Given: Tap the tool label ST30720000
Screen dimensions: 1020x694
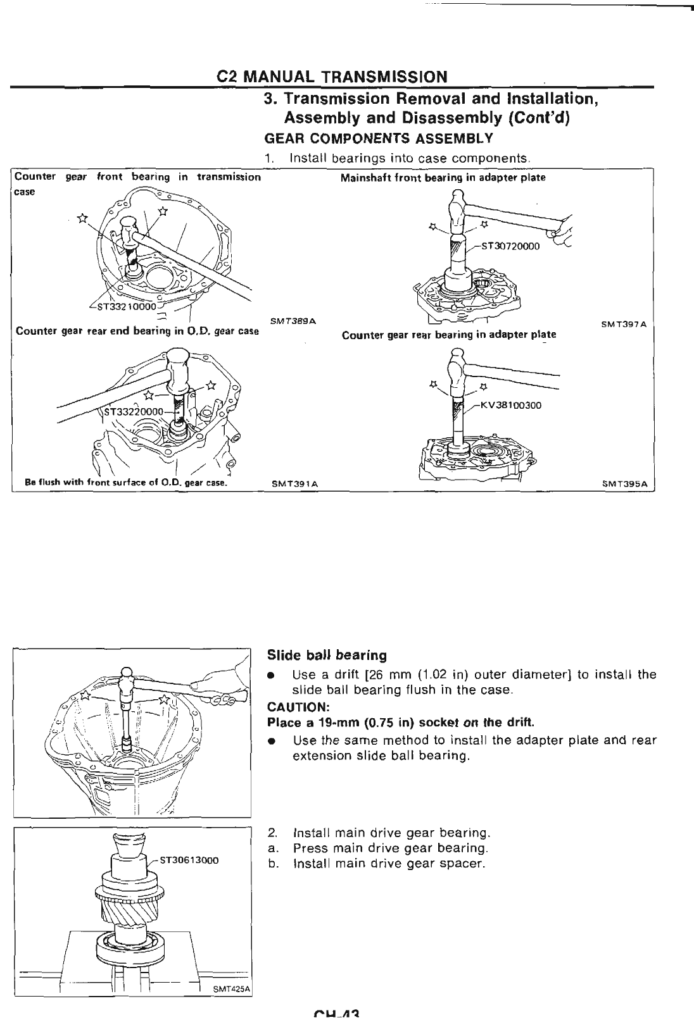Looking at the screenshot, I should [510, 247].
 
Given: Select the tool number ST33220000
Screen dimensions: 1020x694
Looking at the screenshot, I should [134, 411].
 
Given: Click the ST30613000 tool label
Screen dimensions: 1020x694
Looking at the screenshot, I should [189, 860].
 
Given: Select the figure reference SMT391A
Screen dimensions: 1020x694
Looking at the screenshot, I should [294, 485].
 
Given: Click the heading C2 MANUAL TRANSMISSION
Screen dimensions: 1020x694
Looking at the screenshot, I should [332, 77].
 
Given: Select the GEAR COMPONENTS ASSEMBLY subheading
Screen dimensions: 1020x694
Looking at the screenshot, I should [378, 139].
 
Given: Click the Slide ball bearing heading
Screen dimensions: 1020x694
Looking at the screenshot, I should [327, 655].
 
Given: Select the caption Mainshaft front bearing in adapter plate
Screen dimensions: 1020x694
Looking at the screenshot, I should [443, 178].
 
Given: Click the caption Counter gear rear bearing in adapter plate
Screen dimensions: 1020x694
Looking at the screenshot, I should [448, 335].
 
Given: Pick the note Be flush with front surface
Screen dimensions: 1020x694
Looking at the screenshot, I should [125, 485].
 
